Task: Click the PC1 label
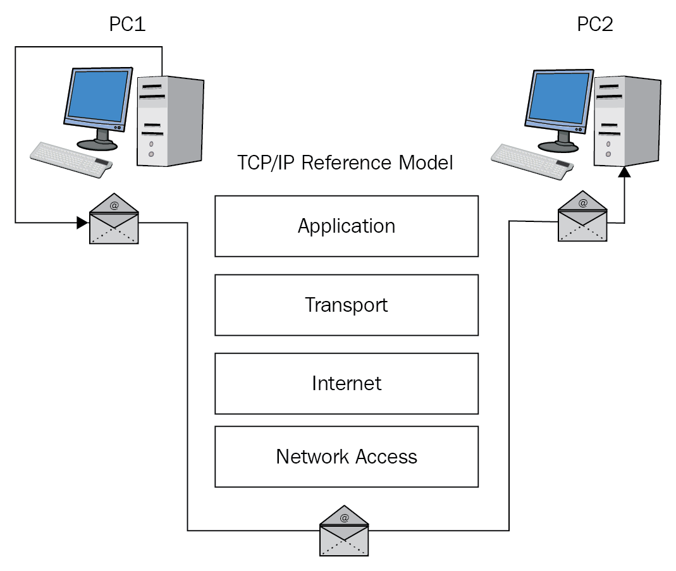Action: pos(127,25)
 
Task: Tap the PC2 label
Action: pos(595,25)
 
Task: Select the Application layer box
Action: pos(347,226)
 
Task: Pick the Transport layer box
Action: pos(347,305)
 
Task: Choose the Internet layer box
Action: pos(347,383)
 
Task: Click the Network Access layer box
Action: pos(347,457)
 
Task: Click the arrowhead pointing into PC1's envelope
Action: pos(82,223)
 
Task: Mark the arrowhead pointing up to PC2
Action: pos(625,171)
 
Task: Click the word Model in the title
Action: pos(426,163)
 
